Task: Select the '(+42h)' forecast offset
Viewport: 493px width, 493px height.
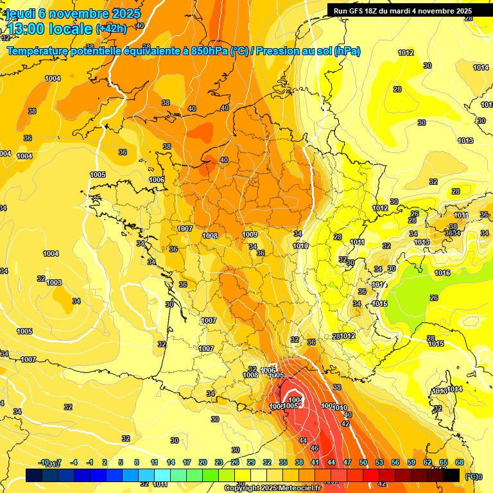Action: [111, 29]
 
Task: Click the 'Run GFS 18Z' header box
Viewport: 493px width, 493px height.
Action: [402, 10]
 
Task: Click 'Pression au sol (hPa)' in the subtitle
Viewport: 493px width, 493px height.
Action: [308, 51]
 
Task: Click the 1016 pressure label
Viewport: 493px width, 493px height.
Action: [442, 273]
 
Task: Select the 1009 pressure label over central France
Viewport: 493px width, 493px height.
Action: [250, 234]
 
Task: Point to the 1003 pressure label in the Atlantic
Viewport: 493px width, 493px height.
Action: [54, 282]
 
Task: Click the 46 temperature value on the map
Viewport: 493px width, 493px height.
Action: [315, 448]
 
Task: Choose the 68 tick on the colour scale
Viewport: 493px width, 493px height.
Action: [460, 462]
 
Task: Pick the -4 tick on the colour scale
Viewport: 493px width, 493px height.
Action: [74, 462]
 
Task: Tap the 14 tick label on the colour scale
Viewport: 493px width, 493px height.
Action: [171, 462]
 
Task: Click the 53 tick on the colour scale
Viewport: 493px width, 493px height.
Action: [379, 462]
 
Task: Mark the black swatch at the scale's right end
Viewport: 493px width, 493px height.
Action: [451, 475]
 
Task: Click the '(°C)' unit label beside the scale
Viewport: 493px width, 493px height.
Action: [472, 477]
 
